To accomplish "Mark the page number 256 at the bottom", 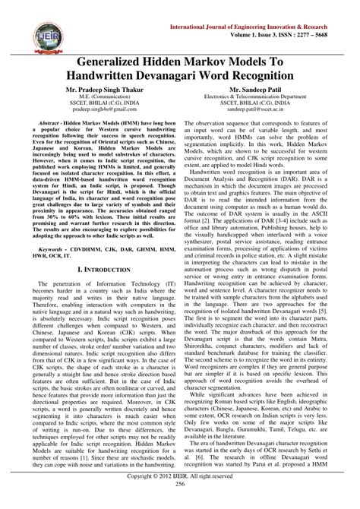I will [x=180, y=504].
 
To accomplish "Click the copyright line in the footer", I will [x=180, y=495].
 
